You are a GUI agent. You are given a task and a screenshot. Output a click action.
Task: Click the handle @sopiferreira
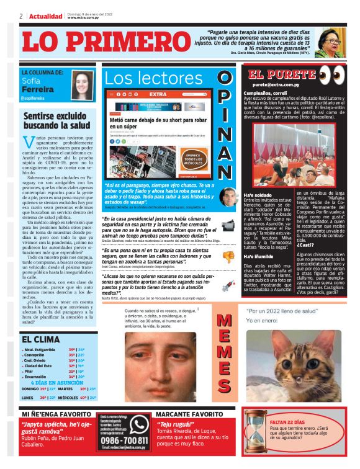click(x=37, y=98)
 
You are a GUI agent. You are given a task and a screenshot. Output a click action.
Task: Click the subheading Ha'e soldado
click(x=258, y=194)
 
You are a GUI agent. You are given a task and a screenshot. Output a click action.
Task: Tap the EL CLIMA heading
click(x=41, y=339)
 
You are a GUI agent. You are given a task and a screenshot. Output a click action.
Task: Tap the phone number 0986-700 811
click(x=124, y=440)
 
